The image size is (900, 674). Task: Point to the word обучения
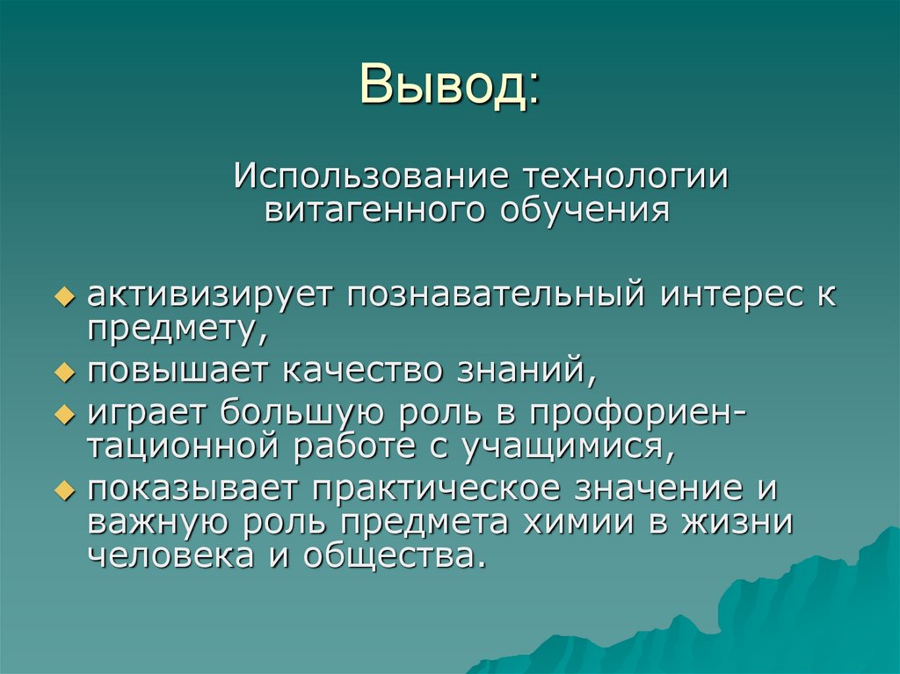(584, 211)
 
